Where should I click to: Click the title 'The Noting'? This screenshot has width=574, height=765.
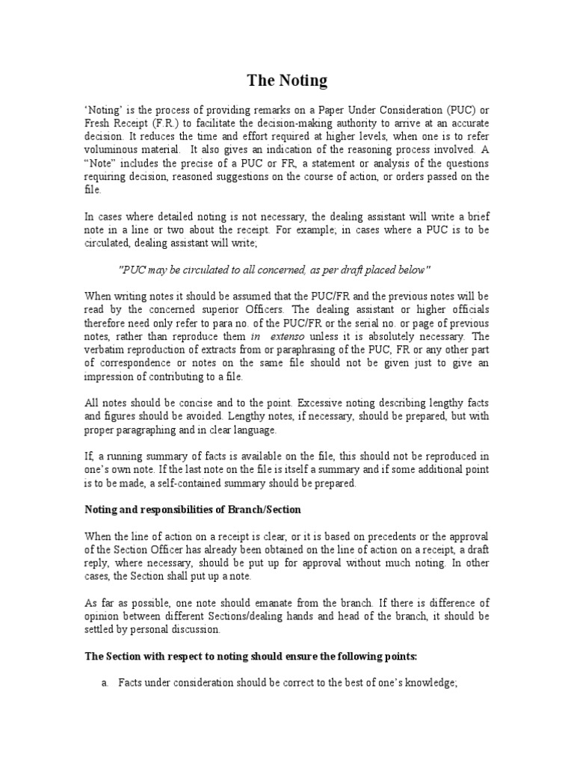(287, 80)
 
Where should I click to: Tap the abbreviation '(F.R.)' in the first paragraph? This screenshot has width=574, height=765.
(168, 123)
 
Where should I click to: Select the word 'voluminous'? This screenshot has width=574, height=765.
(108, 150)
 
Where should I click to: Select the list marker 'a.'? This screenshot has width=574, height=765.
(106, 685)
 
